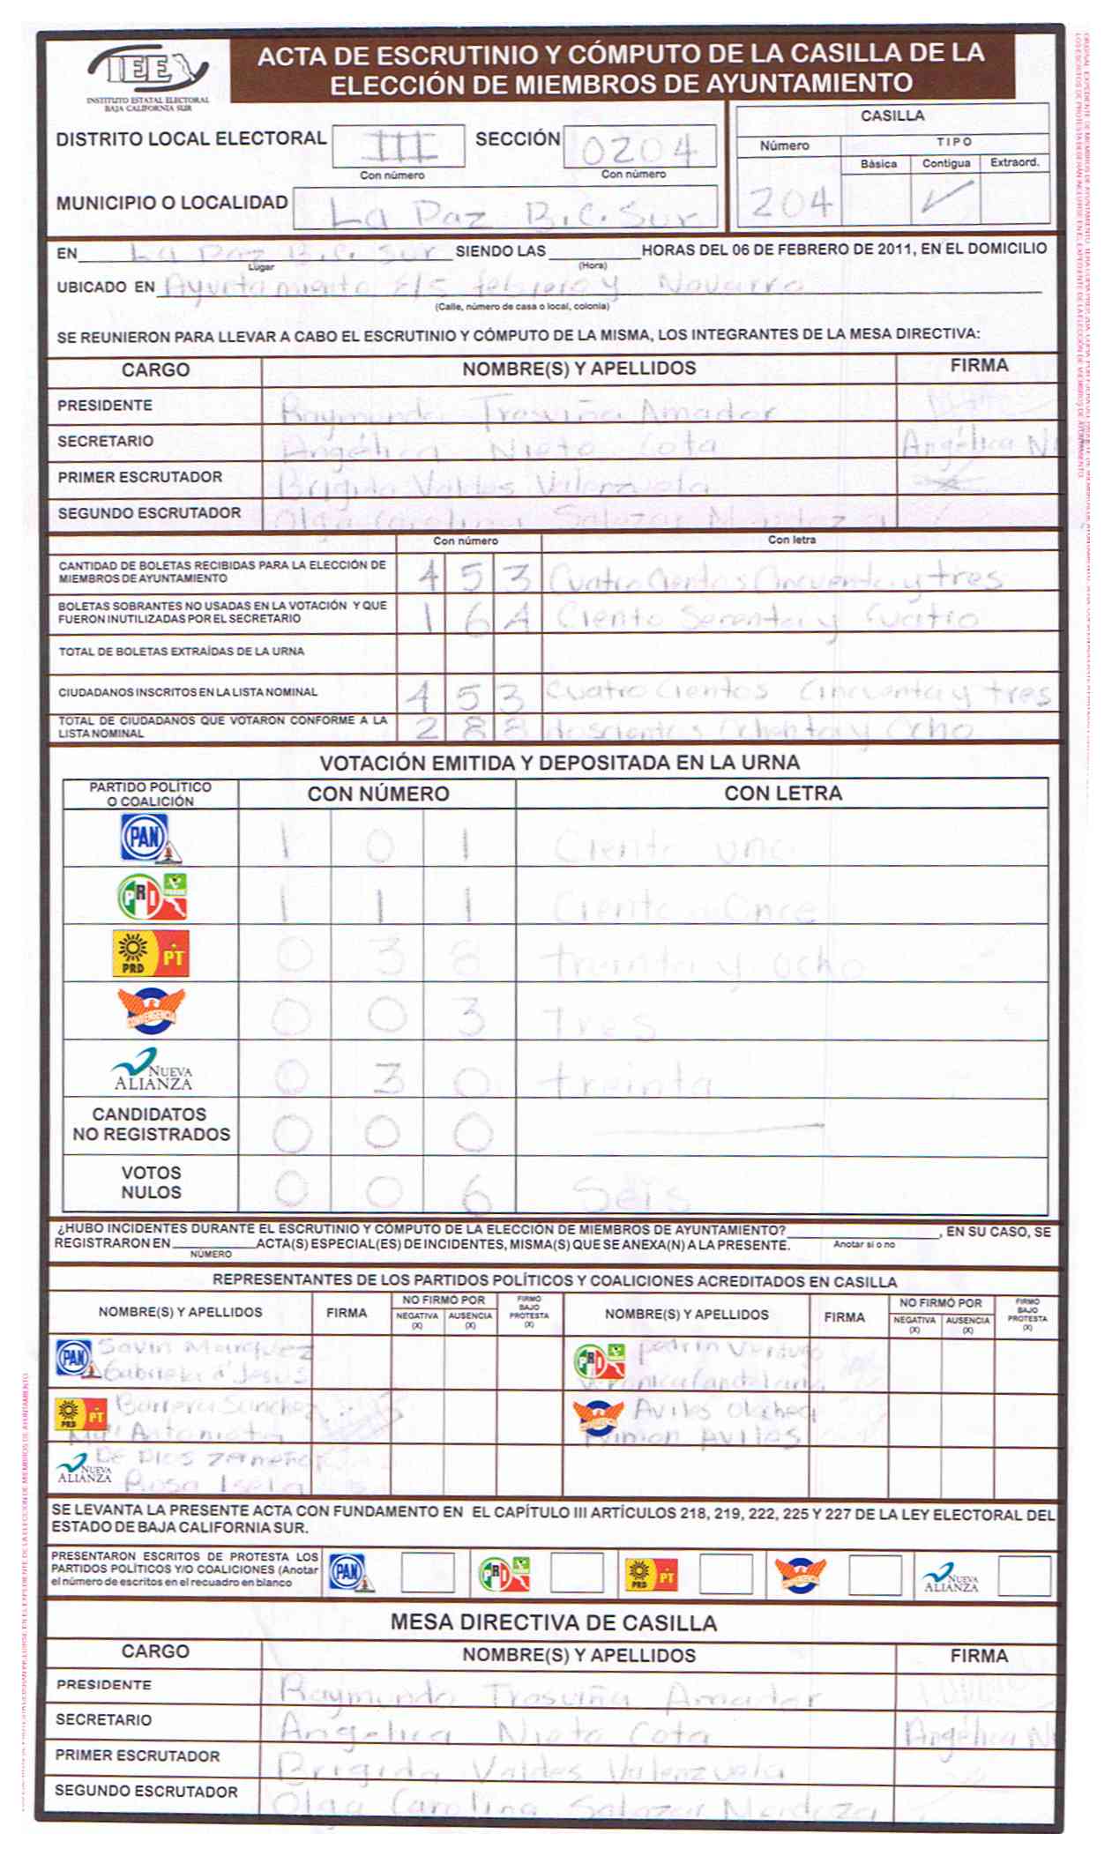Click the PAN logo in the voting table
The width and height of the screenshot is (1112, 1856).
[148, 838]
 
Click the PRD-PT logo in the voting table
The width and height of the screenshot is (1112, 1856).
[150, 954]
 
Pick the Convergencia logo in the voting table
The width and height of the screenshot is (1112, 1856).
[150, 1010]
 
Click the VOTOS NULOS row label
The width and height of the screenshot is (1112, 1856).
[151, 1182]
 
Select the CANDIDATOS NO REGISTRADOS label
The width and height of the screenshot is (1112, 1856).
[151, 1124]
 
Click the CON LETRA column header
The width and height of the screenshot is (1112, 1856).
[782, 794]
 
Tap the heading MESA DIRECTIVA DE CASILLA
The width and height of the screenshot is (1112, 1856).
[553, 1622]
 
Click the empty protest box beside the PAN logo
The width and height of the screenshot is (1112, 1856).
[428, 1573]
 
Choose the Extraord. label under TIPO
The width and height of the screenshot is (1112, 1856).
[1014, 163]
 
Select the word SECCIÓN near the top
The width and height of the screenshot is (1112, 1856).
[518, 139]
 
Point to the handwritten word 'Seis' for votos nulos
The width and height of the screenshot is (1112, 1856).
[628, 1195]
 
